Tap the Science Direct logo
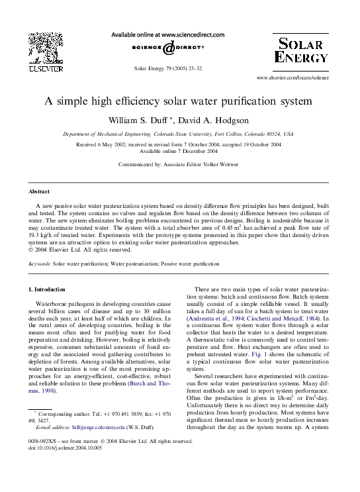coord(179,48)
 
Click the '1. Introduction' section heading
coord(47,289)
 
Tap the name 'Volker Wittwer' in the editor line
coord(220,163)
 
